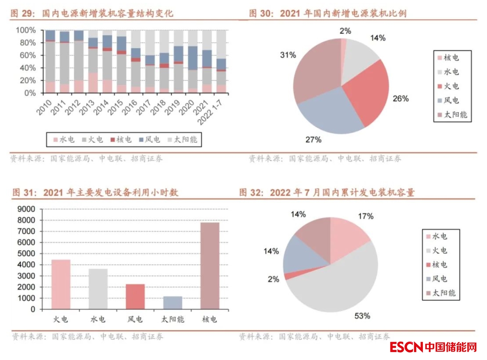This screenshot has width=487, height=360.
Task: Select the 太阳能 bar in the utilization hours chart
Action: [172, 303]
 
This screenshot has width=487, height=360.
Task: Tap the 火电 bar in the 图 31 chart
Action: [61, 285]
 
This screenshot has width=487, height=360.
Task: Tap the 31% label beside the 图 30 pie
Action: [288, 55]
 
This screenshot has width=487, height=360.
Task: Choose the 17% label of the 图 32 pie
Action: [365, 216]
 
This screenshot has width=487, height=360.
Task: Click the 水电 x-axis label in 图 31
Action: [98, 320]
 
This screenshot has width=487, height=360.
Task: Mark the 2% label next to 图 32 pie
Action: [273, 279]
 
